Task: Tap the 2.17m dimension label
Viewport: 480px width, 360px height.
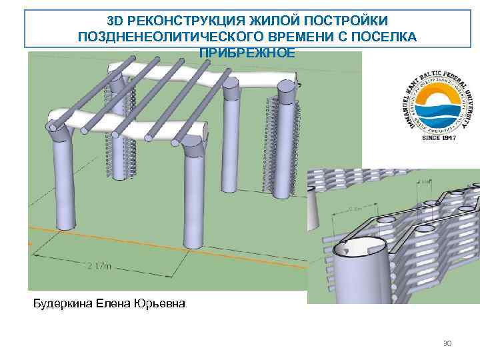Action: click(x=99, y=267)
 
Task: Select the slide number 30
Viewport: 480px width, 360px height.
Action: click(x=447, y=343)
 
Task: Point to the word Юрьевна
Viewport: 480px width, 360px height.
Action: click(x=161, y=304)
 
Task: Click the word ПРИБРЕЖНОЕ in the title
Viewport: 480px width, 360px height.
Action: click(x=247, y=51)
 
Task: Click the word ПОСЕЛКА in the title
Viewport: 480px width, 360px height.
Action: click(x=385, y=37)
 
